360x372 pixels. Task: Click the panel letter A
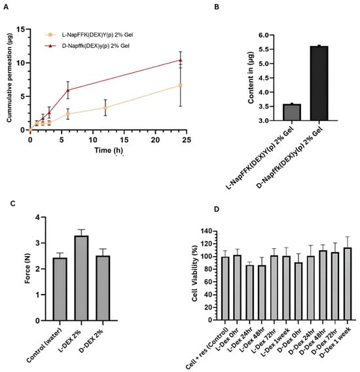(6, 7)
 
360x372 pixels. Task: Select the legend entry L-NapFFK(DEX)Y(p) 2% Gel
(89, 35)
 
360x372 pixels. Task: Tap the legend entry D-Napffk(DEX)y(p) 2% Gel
(87, 46)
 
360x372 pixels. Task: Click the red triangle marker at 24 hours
(180, 60)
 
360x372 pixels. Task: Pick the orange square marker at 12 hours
(105, 107)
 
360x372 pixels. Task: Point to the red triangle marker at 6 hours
(68, 90)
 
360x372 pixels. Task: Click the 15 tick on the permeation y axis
(21, 29)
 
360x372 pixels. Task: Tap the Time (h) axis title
(109, 150)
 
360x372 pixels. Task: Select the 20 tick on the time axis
(155, 140)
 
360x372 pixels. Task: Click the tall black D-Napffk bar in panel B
(319, 83)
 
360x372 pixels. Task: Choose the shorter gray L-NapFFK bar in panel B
(292, 112)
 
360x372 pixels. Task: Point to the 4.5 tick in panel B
(263, 78)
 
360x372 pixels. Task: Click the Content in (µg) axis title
(251, 77)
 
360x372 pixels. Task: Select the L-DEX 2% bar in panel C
(81, 278)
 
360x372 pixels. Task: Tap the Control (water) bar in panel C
(60, 289)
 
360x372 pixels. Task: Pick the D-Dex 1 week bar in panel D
(347, 284)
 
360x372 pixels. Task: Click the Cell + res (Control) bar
(225, 288)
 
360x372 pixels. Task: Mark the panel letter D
(217, 210)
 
